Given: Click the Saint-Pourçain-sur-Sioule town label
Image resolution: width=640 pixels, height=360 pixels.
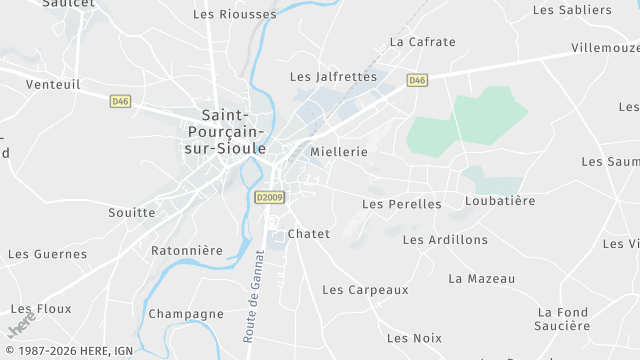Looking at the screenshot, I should click(x=225, y=131).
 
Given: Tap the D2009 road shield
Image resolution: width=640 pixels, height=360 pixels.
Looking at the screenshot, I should click(x=270, y=197).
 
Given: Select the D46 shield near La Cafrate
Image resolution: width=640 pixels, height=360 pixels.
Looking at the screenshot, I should click(x=417, y=80).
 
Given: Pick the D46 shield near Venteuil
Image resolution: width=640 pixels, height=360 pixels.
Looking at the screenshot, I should click(x=121, y=100).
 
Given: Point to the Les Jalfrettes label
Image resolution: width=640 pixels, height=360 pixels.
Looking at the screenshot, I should click(x=333, y=76).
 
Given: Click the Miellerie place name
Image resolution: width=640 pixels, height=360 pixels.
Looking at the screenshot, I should click(x=339, y=152).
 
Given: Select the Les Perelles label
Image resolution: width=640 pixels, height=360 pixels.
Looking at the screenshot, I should click(x=401, y=204).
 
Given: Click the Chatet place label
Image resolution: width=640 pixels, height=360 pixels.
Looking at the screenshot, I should click(x=308, y=234).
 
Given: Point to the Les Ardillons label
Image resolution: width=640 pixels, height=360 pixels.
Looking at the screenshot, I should click(x=445, y=240).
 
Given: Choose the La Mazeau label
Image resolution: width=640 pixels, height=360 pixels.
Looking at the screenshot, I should click(x=482, y=278).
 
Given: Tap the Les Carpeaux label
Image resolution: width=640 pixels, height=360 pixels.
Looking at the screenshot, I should click(x=365, y=290).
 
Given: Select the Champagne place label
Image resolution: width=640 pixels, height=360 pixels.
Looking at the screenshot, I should click(x=186, y=314).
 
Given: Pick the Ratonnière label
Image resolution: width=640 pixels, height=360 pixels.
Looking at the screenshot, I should click(x=186, y=250).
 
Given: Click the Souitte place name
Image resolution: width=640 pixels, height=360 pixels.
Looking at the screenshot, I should click(x=131, y=213).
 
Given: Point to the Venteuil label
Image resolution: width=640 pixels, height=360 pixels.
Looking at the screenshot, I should click(x=53, y=85).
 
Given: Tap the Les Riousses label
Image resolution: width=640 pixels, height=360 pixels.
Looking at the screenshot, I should click(x=234, y=14).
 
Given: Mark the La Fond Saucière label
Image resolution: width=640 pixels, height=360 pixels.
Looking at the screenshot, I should click(x=563, y=319).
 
